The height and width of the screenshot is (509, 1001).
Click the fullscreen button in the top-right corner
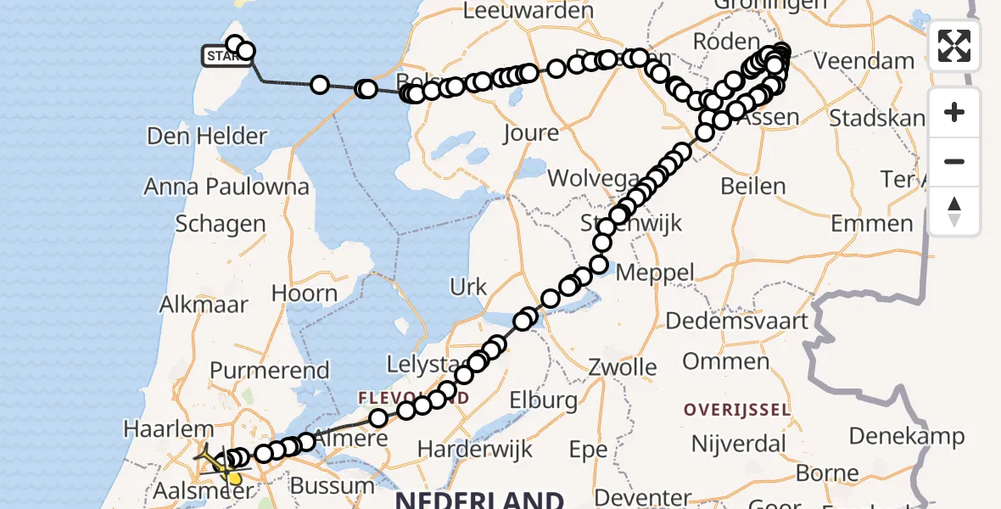(954, 46)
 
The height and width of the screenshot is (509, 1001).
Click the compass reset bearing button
(954, 210)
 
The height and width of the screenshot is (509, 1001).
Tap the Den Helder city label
(207, 136)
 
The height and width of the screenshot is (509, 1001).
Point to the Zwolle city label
(626, 367)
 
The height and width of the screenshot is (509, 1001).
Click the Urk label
(469, 287)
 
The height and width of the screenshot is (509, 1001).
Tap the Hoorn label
(304, 294)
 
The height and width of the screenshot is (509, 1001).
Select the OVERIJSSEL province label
(737, 410)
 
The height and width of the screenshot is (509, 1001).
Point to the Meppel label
(654, 273)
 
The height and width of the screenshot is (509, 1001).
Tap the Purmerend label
(270, 370)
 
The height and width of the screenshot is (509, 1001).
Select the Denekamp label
(907, 436)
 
